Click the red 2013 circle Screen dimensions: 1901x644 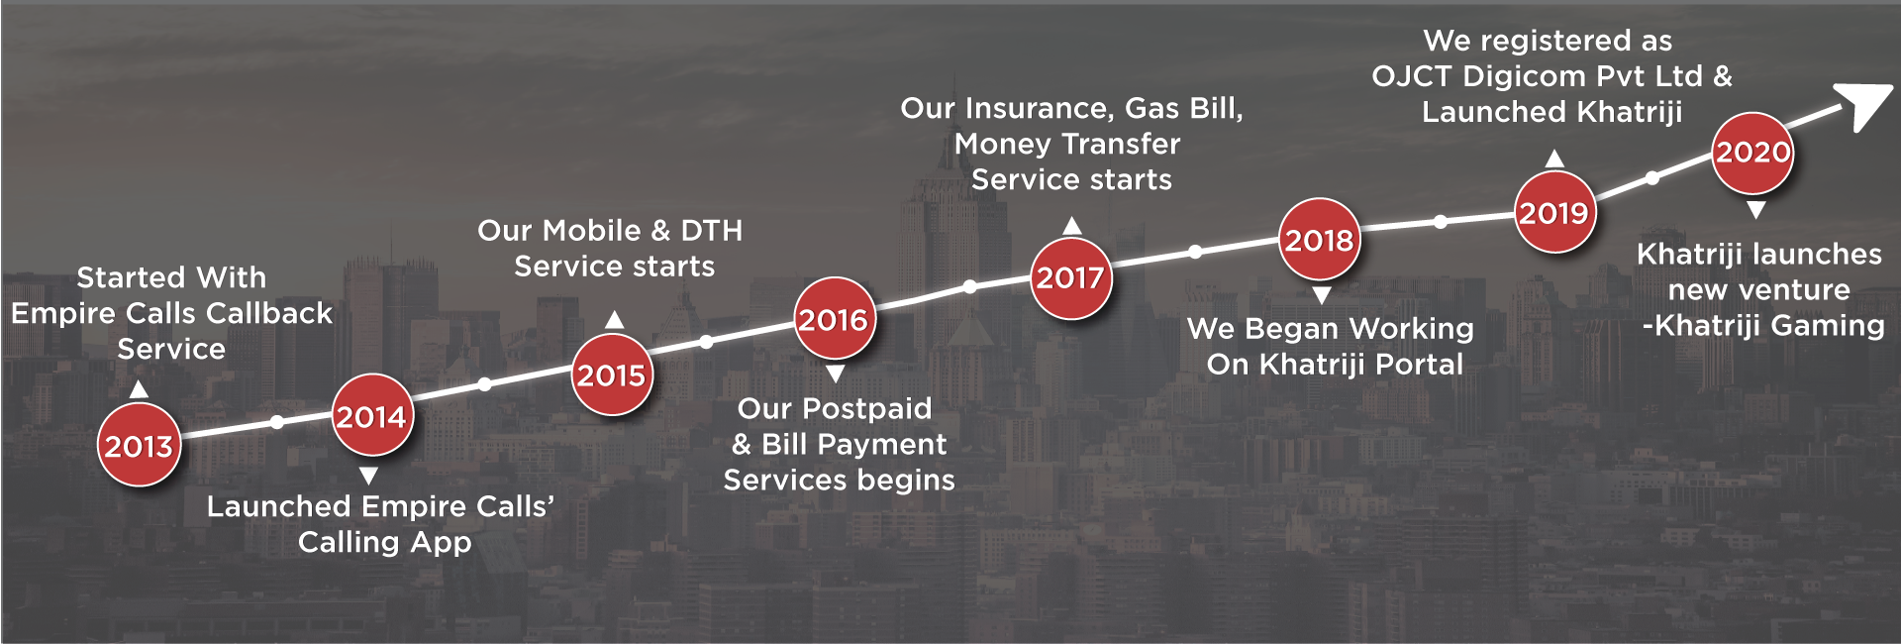tap(139, 445)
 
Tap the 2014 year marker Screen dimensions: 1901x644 tap(371, 415)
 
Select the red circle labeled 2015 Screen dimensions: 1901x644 tap(612, 375)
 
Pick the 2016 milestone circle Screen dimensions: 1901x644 tap(835, 318)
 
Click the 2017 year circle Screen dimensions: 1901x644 tap(1070, 277)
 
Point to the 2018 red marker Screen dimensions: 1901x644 tap(1319, 239)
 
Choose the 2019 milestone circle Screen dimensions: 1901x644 tap(1554, 212)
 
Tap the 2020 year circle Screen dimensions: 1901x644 tap(1752, 153)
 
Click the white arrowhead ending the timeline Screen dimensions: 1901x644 tap(1862, 106)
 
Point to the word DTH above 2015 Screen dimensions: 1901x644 tap(711, 231)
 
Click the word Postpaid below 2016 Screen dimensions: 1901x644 tap(866, 409)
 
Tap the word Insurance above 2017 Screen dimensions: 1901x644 tap(1038, 108)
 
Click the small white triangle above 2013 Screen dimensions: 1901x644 tap(140, 389)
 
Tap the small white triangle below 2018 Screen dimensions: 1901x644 tap(1321, 295)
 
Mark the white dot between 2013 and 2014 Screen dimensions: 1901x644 tap(277, 422)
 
